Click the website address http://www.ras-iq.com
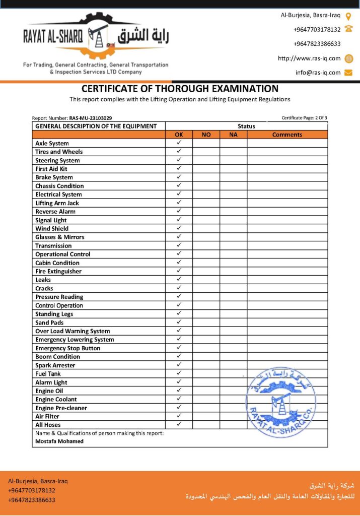click(309, 58)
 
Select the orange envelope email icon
click(348, 73)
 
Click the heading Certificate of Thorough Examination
click(180, 89)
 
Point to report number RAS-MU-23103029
click(91, 118)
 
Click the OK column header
click(179, 135)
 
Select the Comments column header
click(287, 135)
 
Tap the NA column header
click(233, 135)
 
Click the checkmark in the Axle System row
click(179, 143)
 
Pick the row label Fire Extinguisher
click(58, 271)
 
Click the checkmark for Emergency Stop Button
click(179, 348)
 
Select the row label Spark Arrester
click(55, 365)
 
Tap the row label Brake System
click(54, 177)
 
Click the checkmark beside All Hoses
click(179, 424)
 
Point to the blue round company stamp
click(280, 402)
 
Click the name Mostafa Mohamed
click(59, 441)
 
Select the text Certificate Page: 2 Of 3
click(304, 118)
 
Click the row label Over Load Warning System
click(73, 331)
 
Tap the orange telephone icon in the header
click(348, 29)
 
